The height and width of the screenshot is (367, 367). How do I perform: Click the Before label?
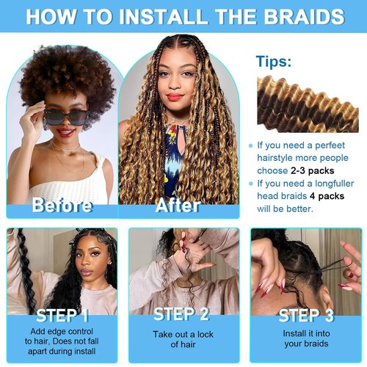click(62, 206)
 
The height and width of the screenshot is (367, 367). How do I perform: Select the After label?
click(178, 206)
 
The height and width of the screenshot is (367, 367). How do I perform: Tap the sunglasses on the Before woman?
click(62, 115)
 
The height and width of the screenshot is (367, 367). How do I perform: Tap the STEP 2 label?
click(181, 315)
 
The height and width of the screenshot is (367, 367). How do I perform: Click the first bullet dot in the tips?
click(251, 145)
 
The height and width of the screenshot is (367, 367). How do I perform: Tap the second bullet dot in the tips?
click(251, 183)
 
